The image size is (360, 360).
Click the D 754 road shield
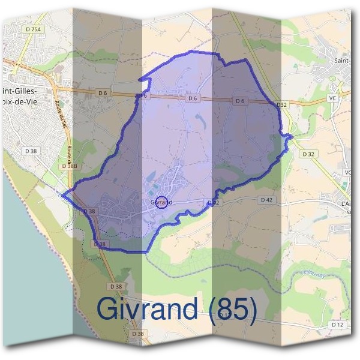35,29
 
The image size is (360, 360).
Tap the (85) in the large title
230,309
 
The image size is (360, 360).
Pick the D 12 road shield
338,324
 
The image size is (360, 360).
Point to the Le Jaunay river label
308,274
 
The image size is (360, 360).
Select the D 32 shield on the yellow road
308,154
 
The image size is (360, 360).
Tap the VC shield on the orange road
332,98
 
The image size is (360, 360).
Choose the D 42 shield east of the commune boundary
267,199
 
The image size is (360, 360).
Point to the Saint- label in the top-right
343,60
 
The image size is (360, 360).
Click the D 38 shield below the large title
138,334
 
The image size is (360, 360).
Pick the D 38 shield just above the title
116,286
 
